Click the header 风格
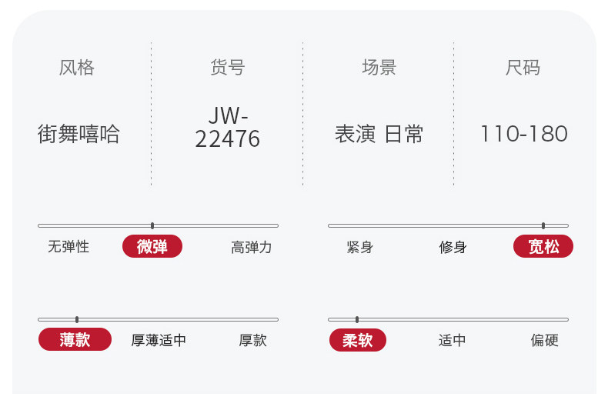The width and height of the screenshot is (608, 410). click(x=77, y=68)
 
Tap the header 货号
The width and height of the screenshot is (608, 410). click(x=227, y=68)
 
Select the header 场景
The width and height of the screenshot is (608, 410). click(x=379, y=68)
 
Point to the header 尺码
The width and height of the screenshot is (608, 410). click(x=523, y=68)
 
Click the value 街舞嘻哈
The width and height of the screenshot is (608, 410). click(x=79, y=134)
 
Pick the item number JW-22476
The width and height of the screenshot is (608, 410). click(x=228, y=128)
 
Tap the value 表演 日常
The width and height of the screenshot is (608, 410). click(x=379, y=134)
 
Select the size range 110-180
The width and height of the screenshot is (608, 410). click(x=523, y=134)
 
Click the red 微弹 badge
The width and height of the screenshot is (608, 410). click(x=152, y=246)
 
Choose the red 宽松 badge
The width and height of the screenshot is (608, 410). click(x=543, y=246)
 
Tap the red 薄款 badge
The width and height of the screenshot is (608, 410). click(x=75, y=339)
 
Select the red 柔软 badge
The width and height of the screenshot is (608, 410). click(x=358, y=340)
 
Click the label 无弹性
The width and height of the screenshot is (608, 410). click(x=68, y=247)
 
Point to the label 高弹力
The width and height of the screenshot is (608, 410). click(x=252, y=247)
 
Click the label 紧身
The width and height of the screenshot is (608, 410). click(x=360, y=247)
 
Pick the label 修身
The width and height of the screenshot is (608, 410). click(x=453, y=247)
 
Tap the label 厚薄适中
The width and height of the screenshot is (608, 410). click(x=159, y=340)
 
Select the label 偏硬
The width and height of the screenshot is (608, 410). click(x=544, y=340)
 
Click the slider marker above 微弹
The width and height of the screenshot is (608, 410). click(x=152, y=225)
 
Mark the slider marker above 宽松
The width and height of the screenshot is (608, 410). click(x=543, y=225)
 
